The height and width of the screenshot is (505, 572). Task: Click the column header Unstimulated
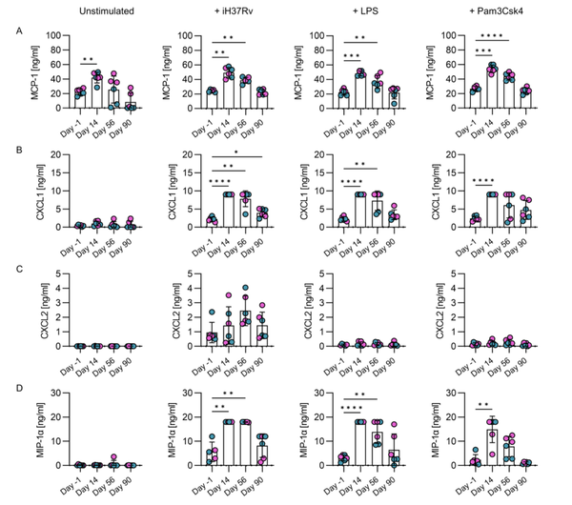tap(95, 11)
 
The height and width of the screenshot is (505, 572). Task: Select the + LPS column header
tap(359, 11)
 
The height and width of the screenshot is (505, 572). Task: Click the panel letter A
tap(9, 31)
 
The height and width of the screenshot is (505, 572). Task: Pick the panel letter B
tap(9, 149)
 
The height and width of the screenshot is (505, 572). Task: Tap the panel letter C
tap(9, 269)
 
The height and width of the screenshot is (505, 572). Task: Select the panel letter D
tap(9, 388)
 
